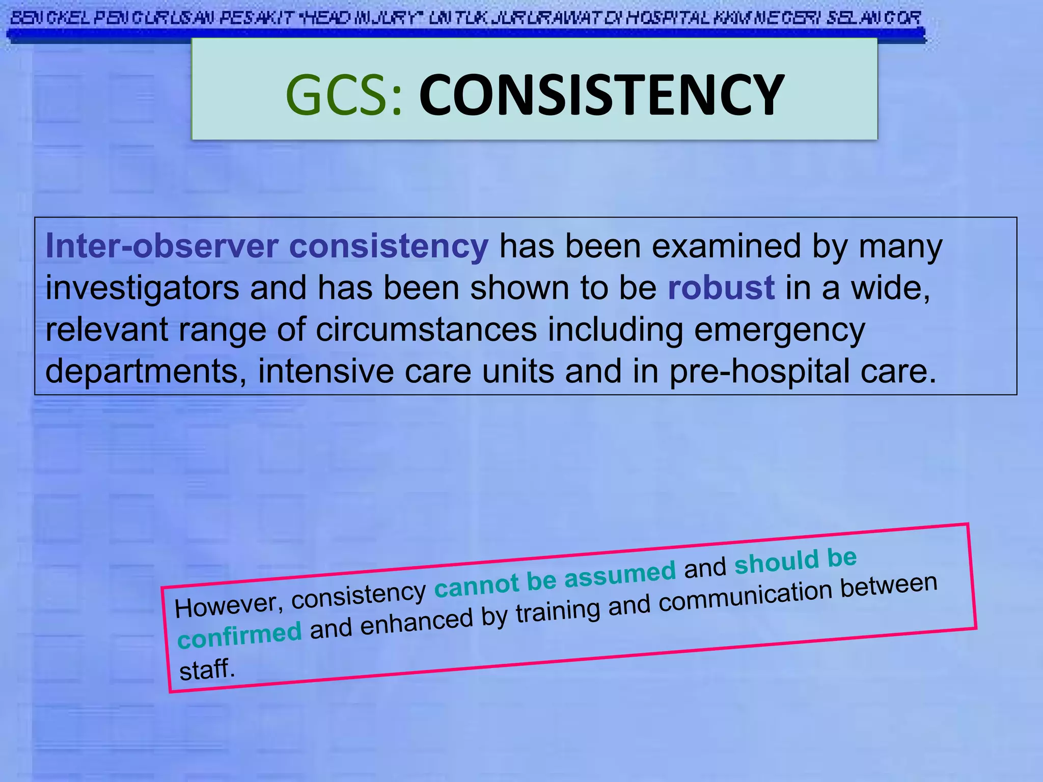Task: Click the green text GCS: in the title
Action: tap(344, 95)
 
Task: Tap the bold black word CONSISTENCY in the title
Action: tap(601, 95)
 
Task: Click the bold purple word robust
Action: tap(721, 288)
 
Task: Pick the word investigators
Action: tap(142, 288)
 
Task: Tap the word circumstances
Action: tap(426, 329)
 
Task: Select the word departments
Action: tap(141, 371)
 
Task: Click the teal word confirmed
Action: tap(239, 634)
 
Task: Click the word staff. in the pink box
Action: tap(207, 669)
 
